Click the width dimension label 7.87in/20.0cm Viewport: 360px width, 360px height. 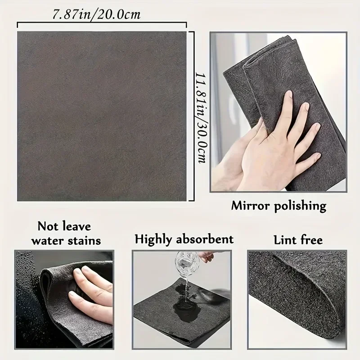[96, 14]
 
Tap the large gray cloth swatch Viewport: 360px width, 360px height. [102, 116]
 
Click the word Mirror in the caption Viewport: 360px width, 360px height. [251, 206]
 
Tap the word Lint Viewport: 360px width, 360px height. [285, 240]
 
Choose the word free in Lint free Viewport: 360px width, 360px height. [310, 240]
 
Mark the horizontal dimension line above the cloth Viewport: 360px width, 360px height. [102, 23]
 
